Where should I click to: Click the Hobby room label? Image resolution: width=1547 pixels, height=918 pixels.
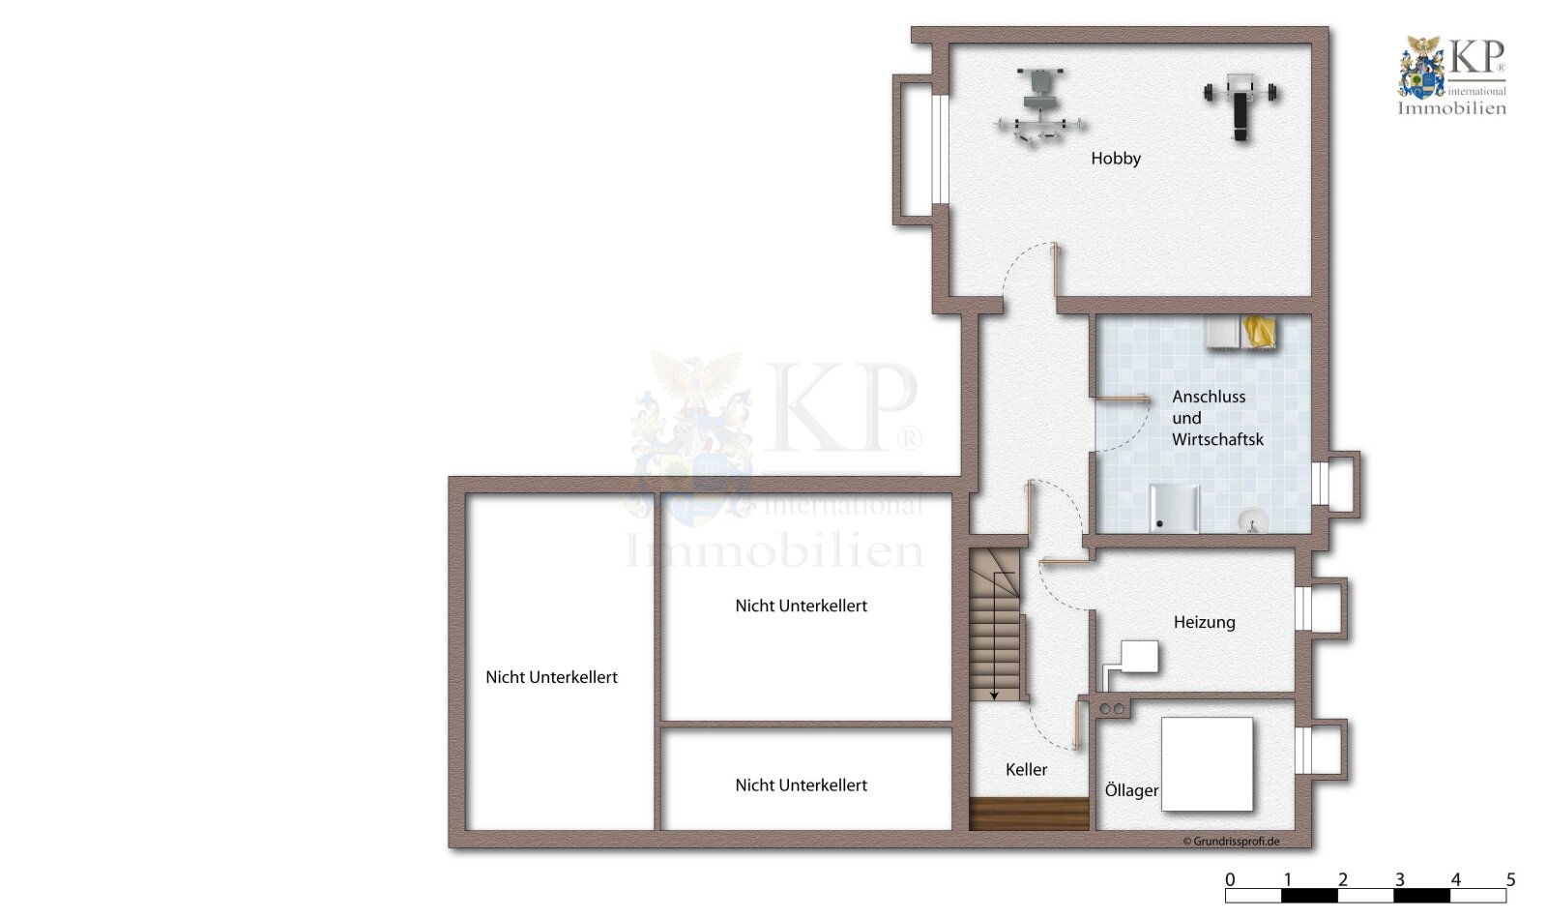[x=1116, y=159]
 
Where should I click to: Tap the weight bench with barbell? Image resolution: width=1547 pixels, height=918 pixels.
[x=1241, y=104]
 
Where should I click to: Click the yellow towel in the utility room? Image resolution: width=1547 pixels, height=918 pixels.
[x=1259, y=332]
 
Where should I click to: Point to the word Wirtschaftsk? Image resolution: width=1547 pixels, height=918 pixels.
[x=1217, y=439]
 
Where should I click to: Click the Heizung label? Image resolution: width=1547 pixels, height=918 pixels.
[x=1204, y=622]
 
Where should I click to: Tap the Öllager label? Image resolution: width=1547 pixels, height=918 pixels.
[x=1131, y=790]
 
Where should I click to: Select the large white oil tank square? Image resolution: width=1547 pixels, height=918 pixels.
[x=1207, y=763]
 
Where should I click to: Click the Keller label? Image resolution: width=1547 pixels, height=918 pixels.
[x=1026, y=770]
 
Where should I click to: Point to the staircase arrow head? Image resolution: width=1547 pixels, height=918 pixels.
[x=994, y=695]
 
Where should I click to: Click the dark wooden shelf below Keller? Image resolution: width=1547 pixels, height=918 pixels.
[x=1029, y=814]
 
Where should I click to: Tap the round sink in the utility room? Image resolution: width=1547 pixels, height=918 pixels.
[x=1253, y=521]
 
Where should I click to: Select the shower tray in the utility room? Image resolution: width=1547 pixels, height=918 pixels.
[x=1174, y=509]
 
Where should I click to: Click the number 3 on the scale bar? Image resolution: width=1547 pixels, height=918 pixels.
[x=1399, y=879]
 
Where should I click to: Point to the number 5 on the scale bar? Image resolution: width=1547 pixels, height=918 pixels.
[x=1510, y=879]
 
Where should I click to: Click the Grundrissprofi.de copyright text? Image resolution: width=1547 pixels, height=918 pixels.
[x=1231, y=842]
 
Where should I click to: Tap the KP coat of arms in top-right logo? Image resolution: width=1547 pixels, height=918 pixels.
[x=1421, y=68]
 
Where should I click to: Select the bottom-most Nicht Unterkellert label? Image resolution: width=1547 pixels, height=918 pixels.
[x=801, y=785]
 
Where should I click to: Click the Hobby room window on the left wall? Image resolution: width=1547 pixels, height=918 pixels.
[x=939, y=149]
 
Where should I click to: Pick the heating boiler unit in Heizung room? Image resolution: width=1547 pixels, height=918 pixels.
[x=1138, y=658]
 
